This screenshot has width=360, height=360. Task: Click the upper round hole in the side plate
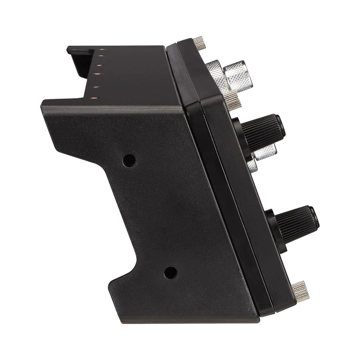(x=129, y=160)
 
